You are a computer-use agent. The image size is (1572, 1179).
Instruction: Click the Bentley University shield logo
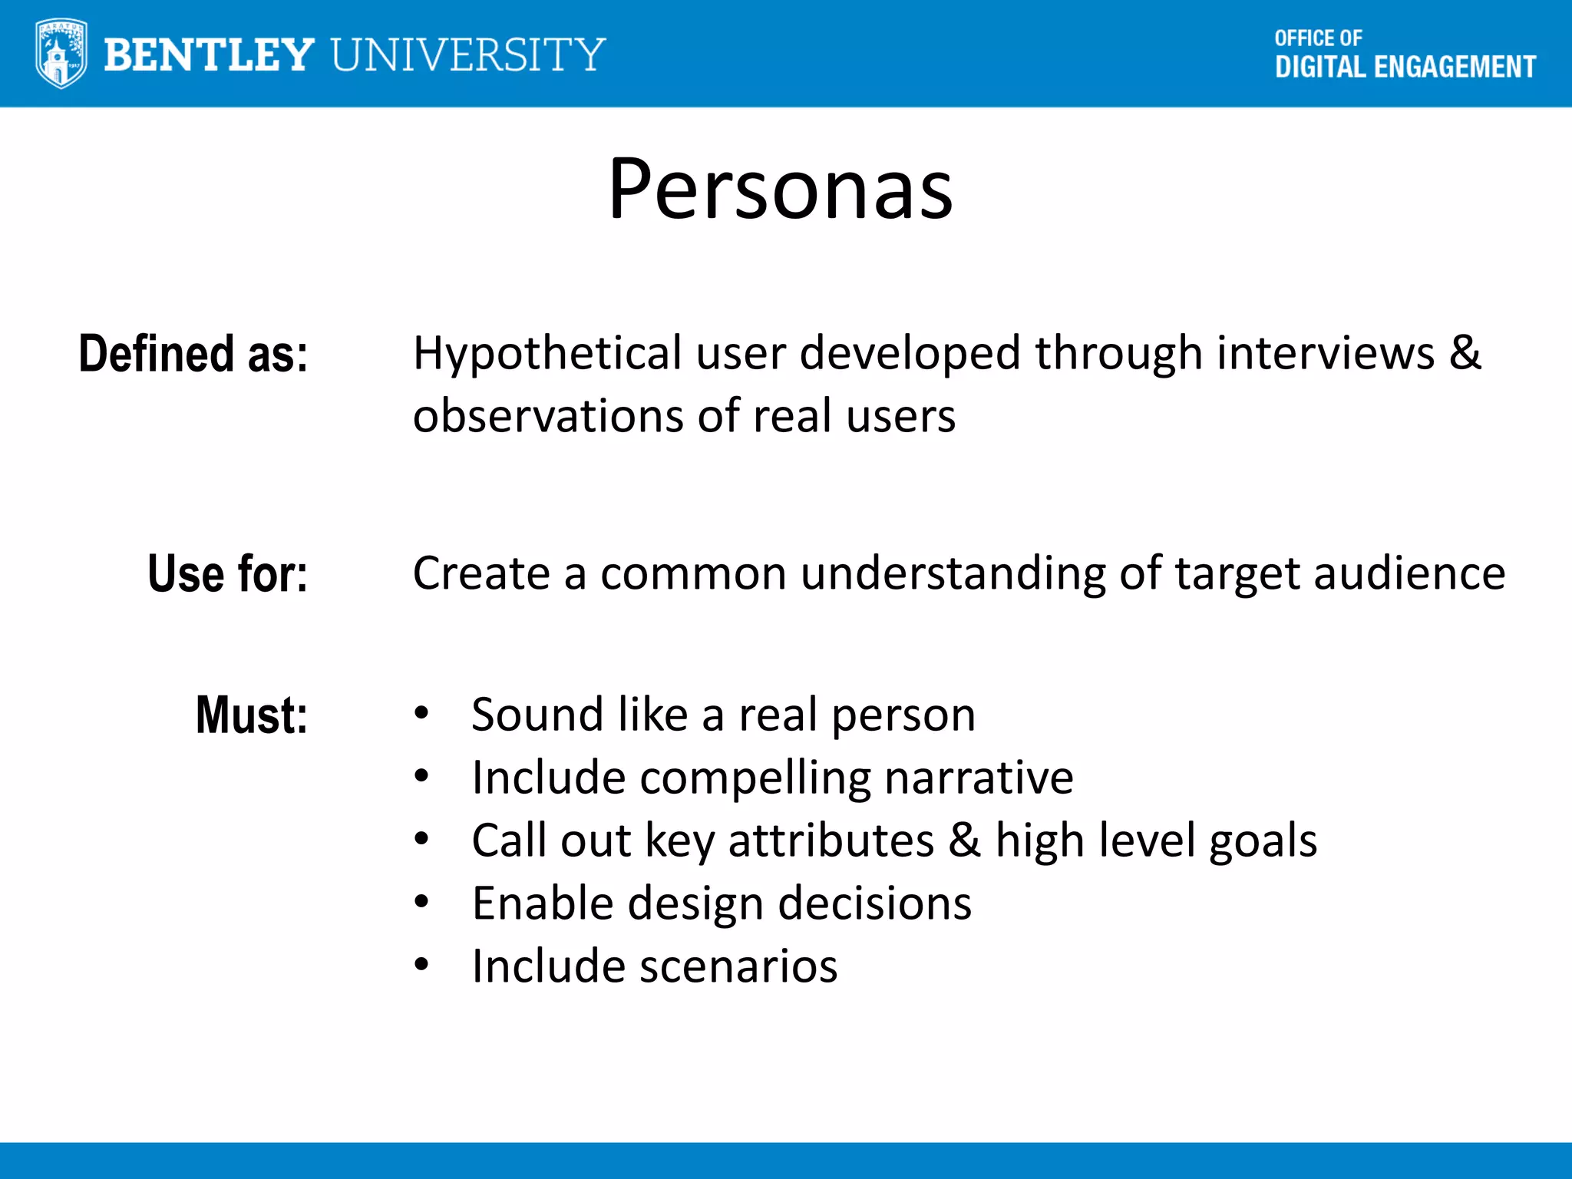(61, 54)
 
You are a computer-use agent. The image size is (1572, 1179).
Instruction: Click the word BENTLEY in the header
(209, 55)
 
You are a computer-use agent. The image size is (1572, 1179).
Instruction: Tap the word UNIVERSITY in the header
(469, 55)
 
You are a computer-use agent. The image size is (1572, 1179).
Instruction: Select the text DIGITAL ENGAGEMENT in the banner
(1405, 68)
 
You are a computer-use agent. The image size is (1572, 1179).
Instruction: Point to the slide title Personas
(781, 189)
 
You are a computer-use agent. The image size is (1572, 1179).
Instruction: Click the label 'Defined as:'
(193, 354)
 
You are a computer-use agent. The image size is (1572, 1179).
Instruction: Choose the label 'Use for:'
(227, 573)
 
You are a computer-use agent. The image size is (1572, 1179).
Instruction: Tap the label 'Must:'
(252, 715)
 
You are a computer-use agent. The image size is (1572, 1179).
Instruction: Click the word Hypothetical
(547, 354)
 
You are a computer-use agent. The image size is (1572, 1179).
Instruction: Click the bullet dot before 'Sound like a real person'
(421, 714)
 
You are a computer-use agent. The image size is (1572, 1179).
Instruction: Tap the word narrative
(979, 778)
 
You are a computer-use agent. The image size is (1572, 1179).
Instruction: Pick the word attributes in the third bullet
(831, 840)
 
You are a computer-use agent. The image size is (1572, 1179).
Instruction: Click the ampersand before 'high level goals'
(965, 840)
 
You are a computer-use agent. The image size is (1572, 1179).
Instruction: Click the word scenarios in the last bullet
(738, 966)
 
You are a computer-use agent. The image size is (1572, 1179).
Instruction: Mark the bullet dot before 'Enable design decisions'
(421, 902)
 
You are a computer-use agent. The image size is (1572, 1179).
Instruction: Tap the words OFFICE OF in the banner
(1318, 38)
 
